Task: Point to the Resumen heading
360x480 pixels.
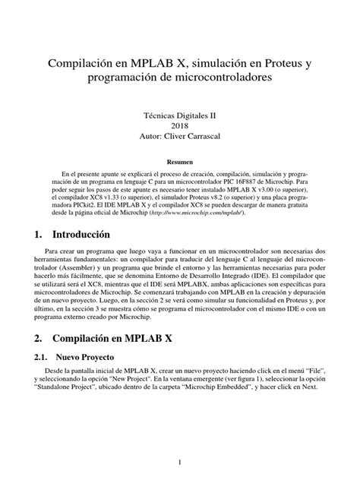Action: click(x=180, y=163)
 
